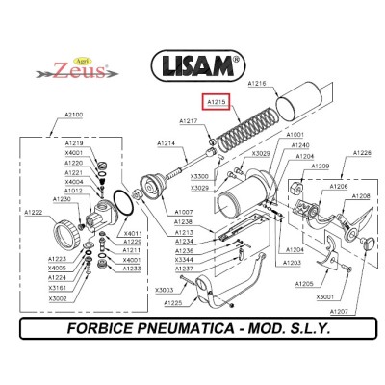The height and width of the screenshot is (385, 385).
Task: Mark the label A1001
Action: coord(295,135)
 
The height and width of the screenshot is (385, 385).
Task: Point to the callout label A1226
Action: coord(362,152)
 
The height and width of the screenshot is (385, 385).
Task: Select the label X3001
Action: coord(325,297)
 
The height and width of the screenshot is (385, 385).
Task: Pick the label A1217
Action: coord(189,120)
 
